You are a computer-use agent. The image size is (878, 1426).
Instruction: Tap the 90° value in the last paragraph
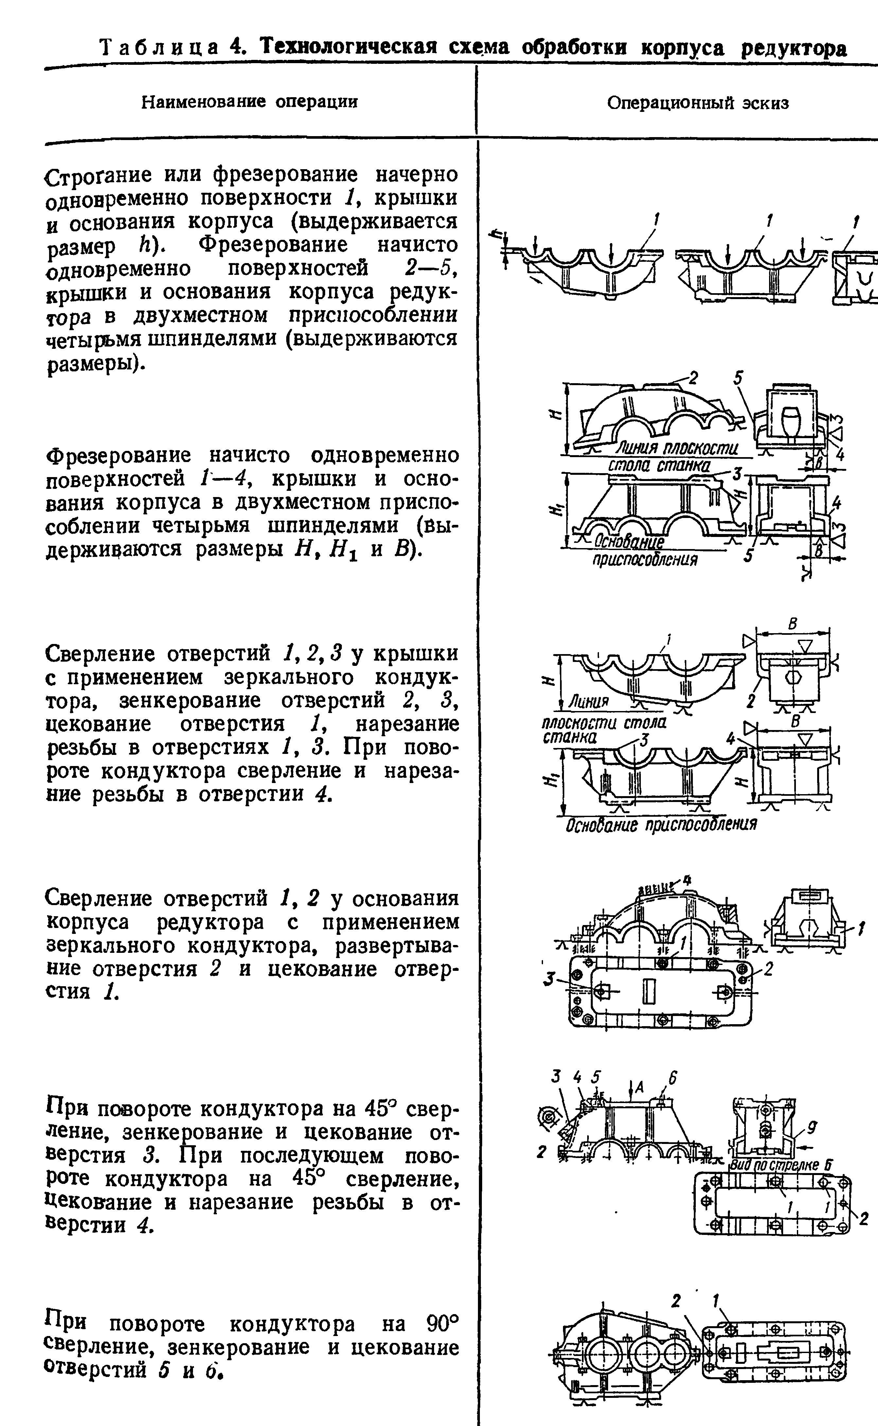443,1324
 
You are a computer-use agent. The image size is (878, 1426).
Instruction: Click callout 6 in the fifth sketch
673,1078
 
